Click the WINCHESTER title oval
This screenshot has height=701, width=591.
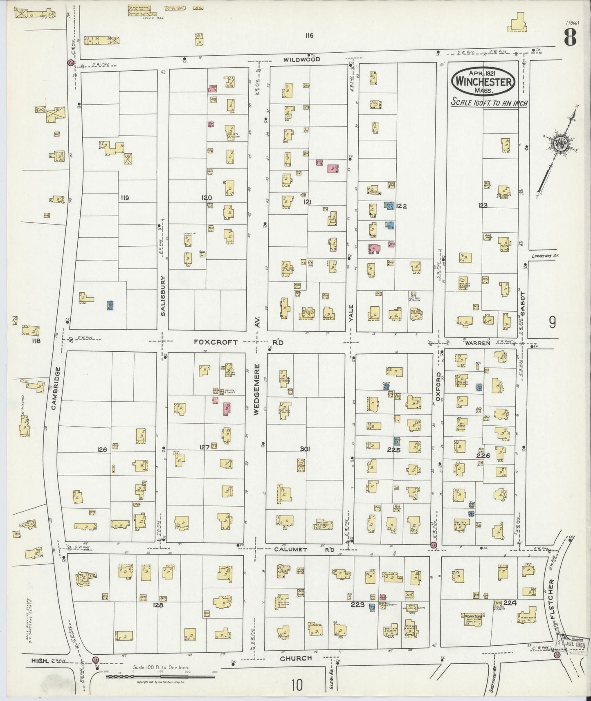click(x=483, y=81)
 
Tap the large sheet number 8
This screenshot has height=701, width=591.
click(x=570, y=39)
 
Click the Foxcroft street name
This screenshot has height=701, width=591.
click(x=216, y=342)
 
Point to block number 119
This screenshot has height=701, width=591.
click(x=125, y=198)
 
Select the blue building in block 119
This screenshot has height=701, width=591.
click(x=110, y=305)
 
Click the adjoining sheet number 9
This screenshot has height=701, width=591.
click(x=552, y=323)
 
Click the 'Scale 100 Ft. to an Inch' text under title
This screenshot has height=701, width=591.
click(x=489, y=103)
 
